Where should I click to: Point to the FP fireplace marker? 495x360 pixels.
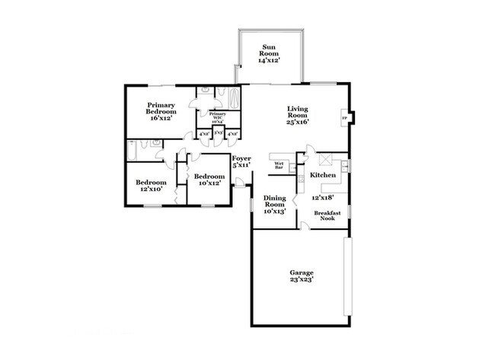343,119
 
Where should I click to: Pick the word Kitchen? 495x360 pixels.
324,175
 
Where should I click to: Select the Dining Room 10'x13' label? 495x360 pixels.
274,204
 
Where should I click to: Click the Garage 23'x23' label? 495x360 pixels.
301,276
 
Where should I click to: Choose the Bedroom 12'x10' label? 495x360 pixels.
151,186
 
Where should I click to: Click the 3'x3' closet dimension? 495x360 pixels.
218,133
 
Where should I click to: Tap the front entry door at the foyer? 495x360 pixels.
241,183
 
